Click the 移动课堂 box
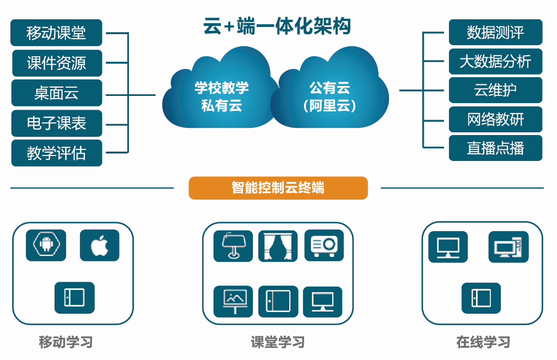[x=56, y=33]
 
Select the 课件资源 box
[x=56, y=63]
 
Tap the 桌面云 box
[x=56, y=93]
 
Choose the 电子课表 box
[x=56, y=122]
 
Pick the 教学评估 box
[x=56, y=153]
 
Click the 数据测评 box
[x=495, y=33]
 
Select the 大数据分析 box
[x=495, y=61]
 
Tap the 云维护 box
[x=495, y=90]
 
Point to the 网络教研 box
[x=495, y=119]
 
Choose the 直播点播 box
[x=495, y=148]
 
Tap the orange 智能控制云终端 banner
[x=278, y=187]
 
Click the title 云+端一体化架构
[x=277, y=26]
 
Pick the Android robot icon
[x=46, y=245]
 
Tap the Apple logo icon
[x=99, y=245]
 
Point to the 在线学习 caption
[x=483, y=342]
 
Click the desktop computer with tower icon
[x=508, y=247]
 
